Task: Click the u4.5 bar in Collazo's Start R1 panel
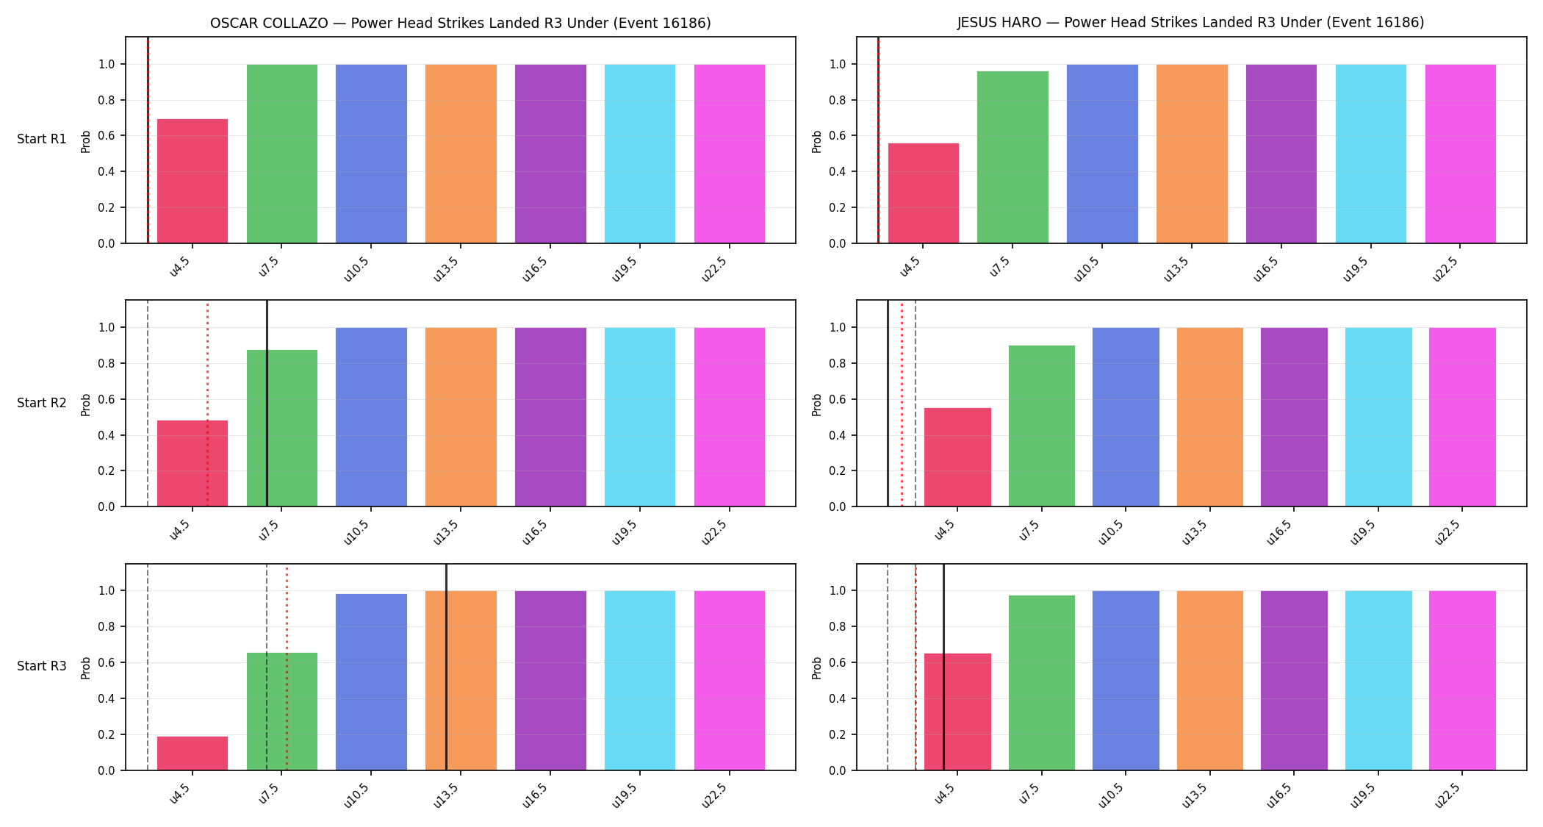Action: point(193,181)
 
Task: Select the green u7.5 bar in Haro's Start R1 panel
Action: point(1013,157)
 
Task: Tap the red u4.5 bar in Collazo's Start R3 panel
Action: point(193,753)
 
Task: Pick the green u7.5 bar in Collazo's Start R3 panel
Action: point(282,712)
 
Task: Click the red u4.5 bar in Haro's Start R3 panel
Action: point(957,712)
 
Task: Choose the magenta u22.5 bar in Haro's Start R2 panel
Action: point(1462,417)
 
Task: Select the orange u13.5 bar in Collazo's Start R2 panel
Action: point(461,417)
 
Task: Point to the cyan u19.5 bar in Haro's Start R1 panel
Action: point(1371,154)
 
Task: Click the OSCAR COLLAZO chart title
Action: point(461,23)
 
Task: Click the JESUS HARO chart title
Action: point(1190,23)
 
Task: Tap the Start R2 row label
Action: point(42,403)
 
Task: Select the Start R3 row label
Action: point(42,666)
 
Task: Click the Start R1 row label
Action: point(42,139)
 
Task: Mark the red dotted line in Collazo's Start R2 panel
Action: point(207,404)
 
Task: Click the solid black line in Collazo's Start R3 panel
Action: point(446,667)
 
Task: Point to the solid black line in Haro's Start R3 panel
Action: point(943,667)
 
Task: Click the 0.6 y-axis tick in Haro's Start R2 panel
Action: point(838,399)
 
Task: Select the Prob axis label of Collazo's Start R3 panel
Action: point(86,667)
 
